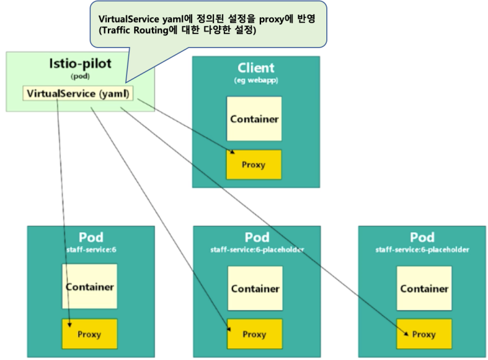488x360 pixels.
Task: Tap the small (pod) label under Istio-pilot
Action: point(79,76)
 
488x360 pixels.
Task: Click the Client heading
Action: point(256,68)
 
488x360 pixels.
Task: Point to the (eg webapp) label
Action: point(256,80)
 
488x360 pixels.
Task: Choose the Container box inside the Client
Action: point(254,119)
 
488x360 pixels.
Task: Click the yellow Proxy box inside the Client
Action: point(254,164)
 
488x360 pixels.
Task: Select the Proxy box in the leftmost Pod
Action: point(89,334)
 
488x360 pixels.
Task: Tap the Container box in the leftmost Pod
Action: point(89,287)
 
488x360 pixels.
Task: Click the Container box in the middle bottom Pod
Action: point(255,289)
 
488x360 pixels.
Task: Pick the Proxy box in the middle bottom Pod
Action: point(254,334)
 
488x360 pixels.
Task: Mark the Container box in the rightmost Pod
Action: point(424,289)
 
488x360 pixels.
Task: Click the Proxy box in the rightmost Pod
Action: point(424,334)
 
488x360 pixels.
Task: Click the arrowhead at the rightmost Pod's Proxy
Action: point(407,333)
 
